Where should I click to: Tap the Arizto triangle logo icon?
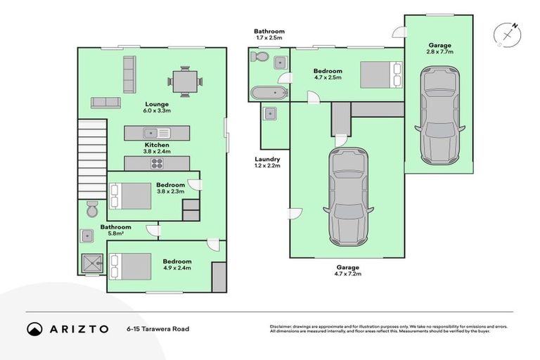pos(34,328)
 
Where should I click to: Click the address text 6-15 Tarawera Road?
pos(157,328)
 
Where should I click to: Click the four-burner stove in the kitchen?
pos(157,164)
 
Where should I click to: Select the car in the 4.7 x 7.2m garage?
pos(348,195)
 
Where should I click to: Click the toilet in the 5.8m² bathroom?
pos(91,209)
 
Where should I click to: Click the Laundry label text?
pos(268,159)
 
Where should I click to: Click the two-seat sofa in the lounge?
pos(105,103)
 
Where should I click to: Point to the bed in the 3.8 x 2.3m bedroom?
pos(133,195)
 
